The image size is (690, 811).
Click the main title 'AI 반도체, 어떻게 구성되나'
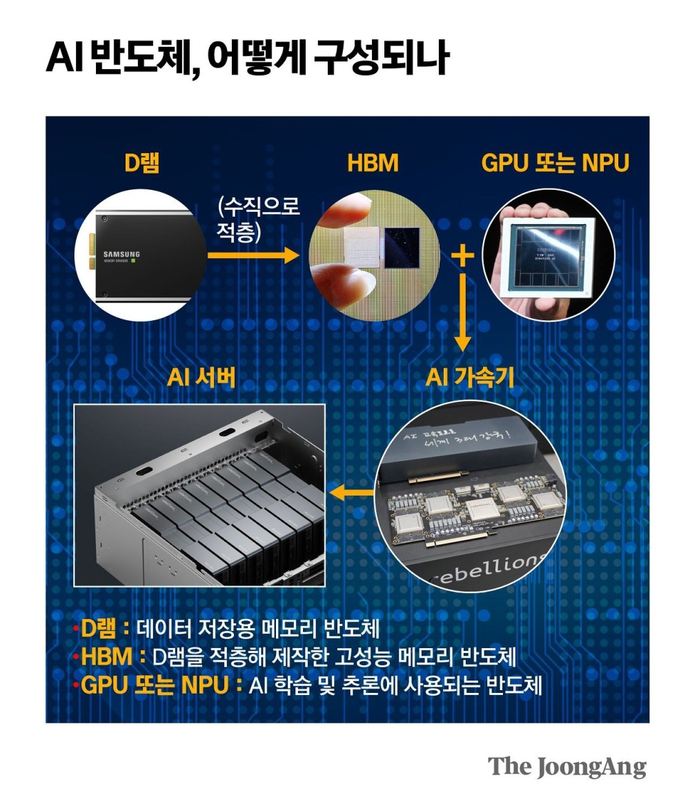point(247,58)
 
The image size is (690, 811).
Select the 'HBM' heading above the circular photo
point(373,164)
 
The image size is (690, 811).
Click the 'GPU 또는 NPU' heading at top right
point(555,164)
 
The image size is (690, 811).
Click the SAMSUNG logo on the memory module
point(121,255)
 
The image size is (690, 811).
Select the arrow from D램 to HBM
point(253,255)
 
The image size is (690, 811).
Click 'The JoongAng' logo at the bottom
point(567,767)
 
